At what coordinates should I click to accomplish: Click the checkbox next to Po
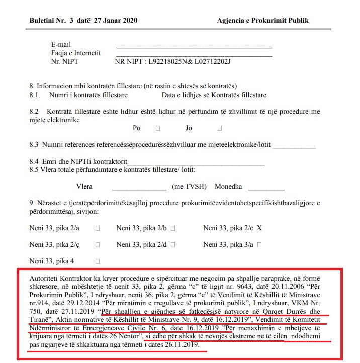click(x=158, y=128)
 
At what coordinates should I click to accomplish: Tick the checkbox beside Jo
click(x=220, y=128)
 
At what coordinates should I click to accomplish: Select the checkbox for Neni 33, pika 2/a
click(x=97, y=228)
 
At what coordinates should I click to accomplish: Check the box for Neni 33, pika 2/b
click(x=173, y=228)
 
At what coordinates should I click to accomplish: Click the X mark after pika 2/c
click(x=259, y=228)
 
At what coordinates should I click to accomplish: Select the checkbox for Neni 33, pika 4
click(x=97, y=261)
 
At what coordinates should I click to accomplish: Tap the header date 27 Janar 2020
click(x=112, y=21)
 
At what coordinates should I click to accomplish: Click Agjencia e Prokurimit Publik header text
click(x=262, y=21)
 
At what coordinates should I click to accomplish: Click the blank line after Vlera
click(x=139, y=187)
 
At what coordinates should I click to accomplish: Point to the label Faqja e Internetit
click(x=75, y=53)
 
